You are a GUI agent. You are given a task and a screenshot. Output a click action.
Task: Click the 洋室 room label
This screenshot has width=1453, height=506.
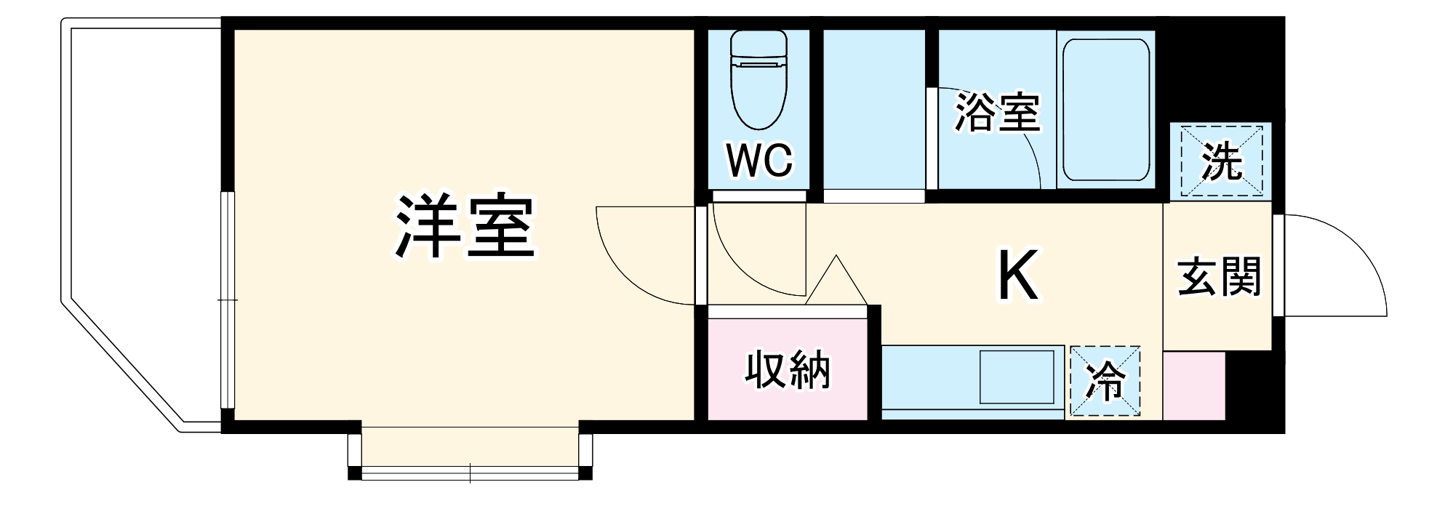[464, 227]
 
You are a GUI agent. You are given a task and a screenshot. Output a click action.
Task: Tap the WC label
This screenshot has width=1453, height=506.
[759, 160]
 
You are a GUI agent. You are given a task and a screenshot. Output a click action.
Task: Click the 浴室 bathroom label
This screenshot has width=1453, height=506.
[996, 113]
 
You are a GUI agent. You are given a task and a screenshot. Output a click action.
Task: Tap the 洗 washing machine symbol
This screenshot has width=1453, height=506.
[1221, 161]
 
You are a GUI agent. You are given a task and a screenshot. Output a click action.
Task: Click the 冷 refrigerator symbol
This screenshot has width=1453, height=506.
[1105, 381]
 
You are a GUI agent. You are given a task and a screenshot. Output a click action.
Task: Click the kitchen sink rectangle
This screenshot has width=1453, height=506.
[1018, 377]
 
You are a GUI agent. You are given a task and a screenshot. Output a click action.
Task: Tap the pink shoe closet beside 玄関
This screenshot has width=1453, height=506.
[1193, 386]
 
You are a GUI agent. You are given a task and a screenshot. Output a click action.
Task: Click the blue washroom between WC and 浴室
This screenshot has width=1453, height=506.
[873, 109]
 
